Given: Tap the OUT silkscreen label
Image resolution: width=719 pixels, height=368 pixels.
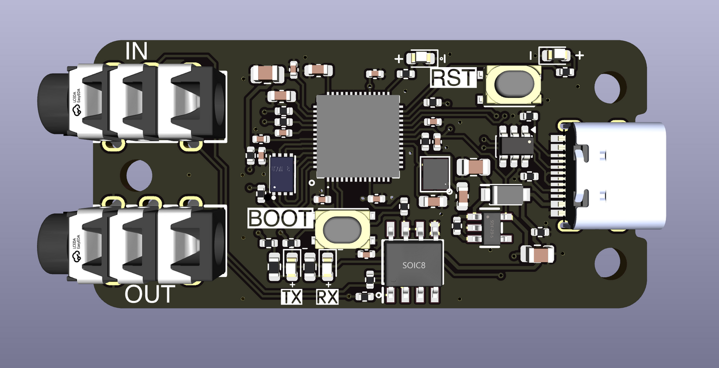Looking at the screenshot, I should pos(149,294).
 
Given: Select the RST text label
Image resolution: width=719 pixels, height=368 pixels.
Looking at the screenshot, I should pos(454,78).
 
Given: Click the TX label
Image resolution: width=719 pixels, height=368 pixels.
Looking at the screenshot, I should pos(292,297).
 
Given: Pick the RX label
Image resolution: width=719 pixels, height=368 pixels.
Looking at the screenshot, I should pos(327,297).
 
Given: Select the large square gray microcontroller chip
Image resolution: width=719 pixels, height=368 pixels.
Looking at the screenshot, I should pos(358,136).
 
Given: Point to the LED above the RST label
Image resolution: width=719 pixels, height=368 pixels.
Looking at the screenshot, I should pos(421,58).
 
